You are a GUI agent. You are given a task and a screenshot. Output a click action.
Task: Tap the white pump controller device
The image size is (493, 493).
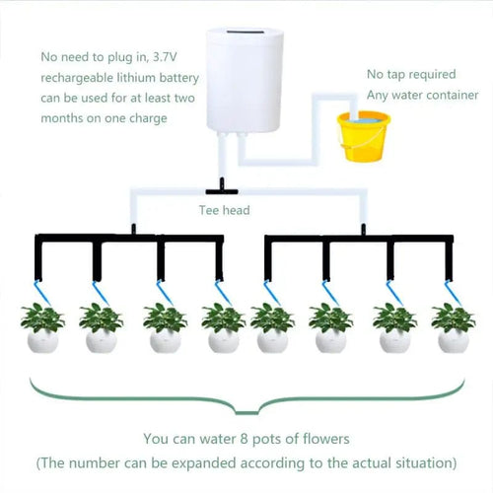point(242,80)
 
